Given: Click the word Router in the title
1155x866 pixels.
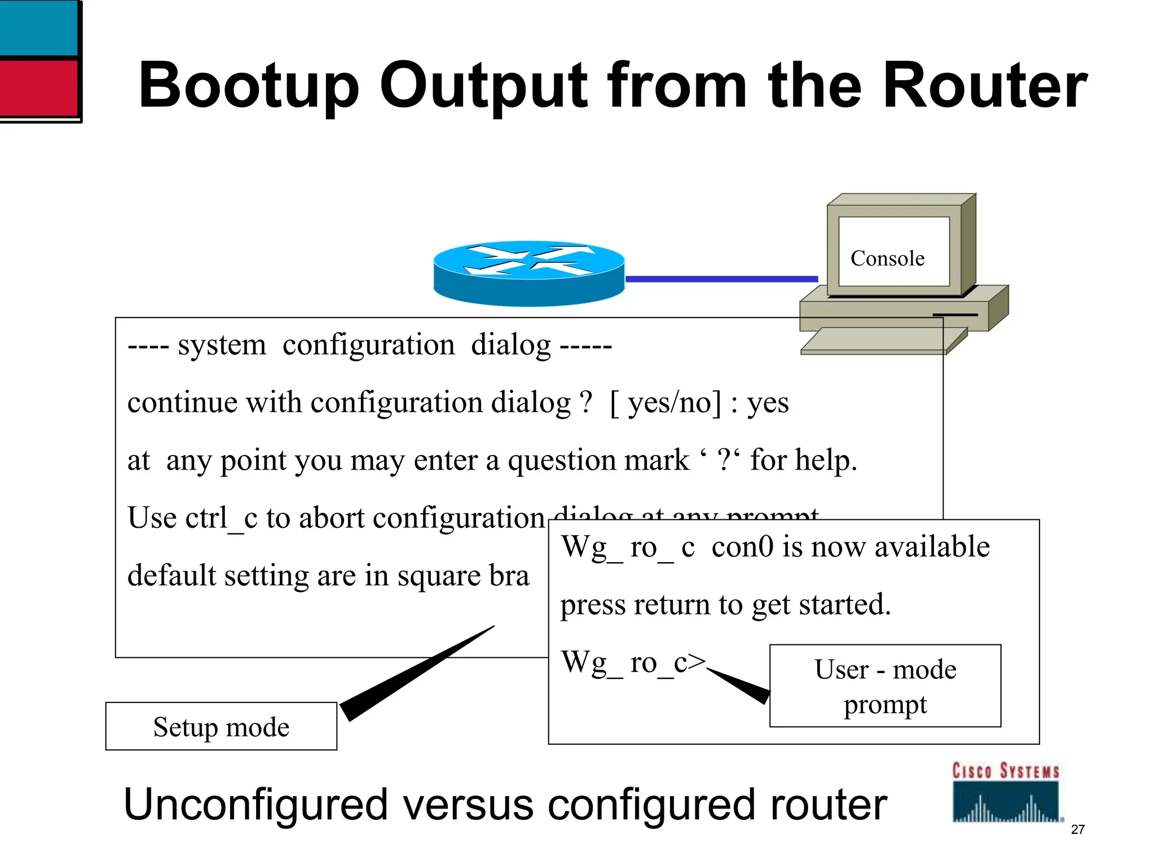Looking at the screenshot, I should pos(984,86).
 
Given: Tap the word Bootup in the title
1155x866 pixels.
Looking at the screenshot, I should pos(248,86).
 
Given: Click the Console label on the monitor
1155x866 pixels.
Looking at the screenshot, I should pos(887,258).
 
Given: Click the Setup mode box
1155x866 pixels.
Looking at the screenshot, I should pos(221,726).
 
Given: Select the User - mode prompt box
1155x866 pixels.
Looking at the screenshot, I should pos(885,686).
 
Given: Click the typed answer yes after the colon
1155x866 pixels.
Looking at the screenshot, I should pos(768,403).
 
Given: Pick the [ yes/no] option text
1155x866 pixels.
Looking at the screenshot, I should pos(665,403).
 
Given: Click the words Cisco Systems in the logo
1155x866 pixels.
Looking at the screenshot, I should pos(1006,771).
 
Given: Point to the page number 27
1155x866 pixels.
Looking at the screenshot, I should pos(1078,829).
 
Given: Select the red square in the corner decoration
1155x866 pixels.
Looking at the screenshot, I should pos(38,88).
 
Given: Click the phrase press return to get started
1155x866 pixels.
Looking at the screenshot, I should pos(725,604).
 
